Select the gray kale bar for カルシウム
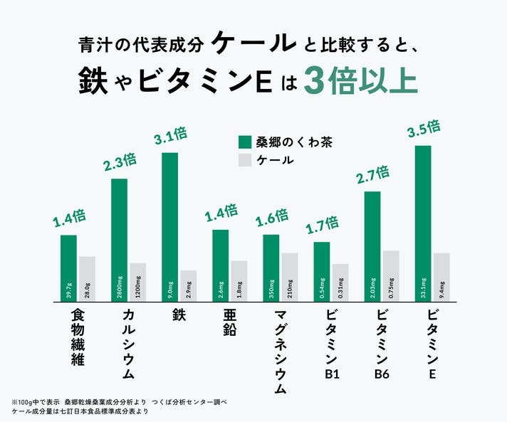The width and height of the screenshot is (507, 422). click(137, 283)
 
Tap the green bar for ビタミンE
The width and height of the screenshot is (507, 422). click(423, 223)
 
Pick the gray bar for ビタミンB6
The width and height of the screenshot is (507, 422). click(391, 276)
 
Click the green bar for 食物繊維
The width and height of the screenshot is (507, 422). click(68, 268)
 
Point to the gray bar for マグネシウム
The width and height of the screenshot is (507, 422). click(289, 278)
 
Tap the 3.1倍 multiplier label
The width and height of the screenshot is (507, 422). click(170, 135)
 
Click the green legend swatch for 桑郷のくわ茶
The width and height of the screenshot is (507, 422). click(246, 142)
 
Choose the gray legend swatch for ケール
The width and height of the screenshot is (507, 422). click(246, 161)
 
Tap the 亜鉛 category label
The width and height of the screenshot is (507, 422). click(221, 322)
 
